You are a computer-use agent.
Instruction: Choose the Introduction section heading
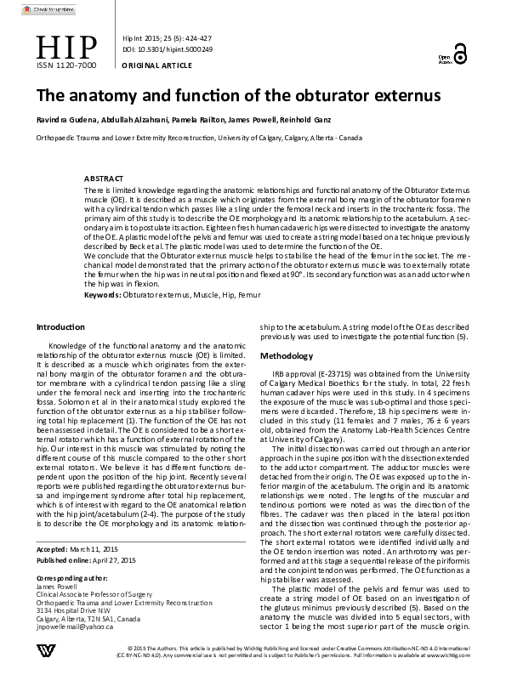coord(60,327)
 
